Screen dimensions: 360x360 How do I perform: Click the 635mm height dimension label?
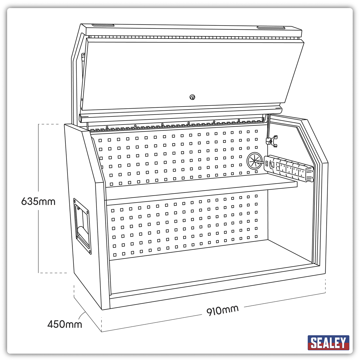[x=38, y=201]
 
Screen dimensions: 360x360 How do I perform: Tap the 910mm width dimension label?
[x=222, y=310]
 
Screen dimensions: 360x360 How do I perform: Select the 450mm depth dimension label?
[x=64, y=324]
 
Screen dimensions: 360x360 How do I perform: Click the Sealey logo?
[x=328, y=343]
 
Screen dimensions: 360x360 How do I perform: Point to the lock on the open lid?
[x=192, y=97]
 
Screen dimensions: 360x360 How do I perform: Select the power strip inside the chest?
[x=289, y=169]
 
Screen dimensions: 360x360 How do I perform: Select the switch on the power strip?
[x=271, y=164]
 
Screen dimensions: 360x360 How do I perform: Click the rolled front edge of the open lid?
[x=180, y=113]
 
